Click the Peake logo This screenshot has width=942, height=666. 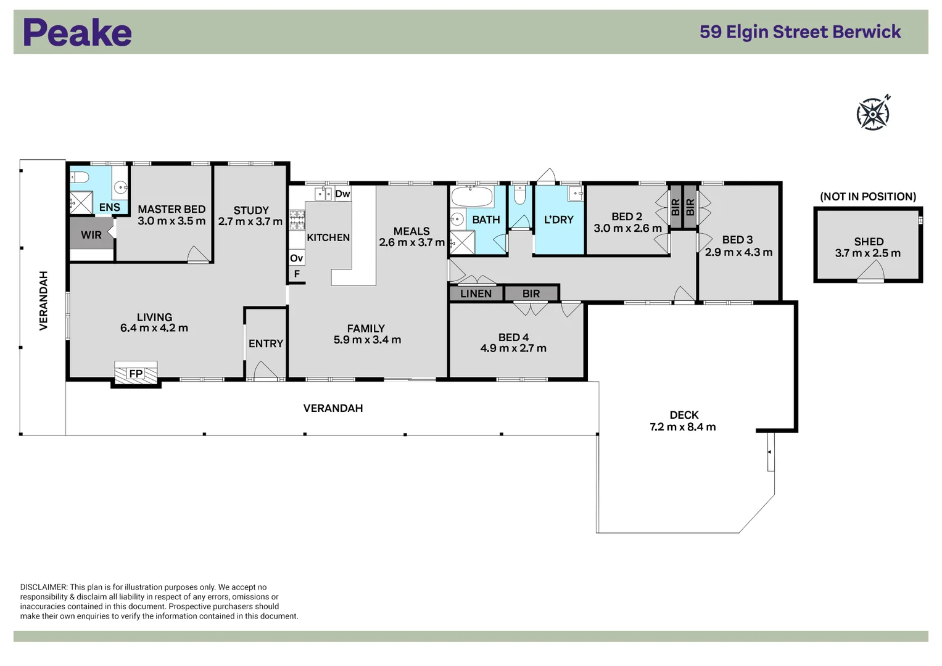[77, 33]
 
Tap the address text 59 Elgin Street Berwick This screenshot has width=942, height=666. [800, 32]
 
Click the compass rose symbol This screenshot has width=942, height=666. [873, 113]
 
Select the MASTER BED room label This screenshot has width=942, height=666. [171, 210]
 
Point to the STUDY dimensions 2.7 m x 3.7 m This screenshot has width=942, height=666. [250, 221]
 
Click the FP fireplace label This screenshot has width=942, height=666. [136, 374]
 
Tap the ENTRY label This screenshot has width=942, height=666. [266, 343]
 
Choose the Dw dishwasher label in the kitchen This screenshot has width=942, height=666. [342, 194]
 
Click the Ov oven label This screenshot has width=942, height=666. [296, 258]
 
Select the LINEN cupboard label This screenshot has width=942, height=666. [476, 294]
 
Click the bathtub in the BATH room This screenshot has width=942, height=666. [472, 197]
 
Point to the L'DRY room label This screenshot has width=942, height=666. [559, 220]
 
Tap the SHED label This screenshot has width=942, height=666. [869, 242]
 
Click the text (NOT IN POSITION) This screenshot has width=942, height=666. [868, 197]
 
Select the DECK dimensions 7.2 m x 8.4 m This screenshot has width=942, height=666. [683, 427]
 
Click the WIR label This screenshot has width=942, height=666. [91, 235]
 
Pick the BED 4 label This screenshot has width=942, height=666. [513, 337]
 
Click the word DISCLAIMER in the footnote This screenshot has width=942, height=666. [43, 587]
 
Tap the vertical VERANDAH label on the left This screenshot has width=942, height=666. [44, 300]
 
